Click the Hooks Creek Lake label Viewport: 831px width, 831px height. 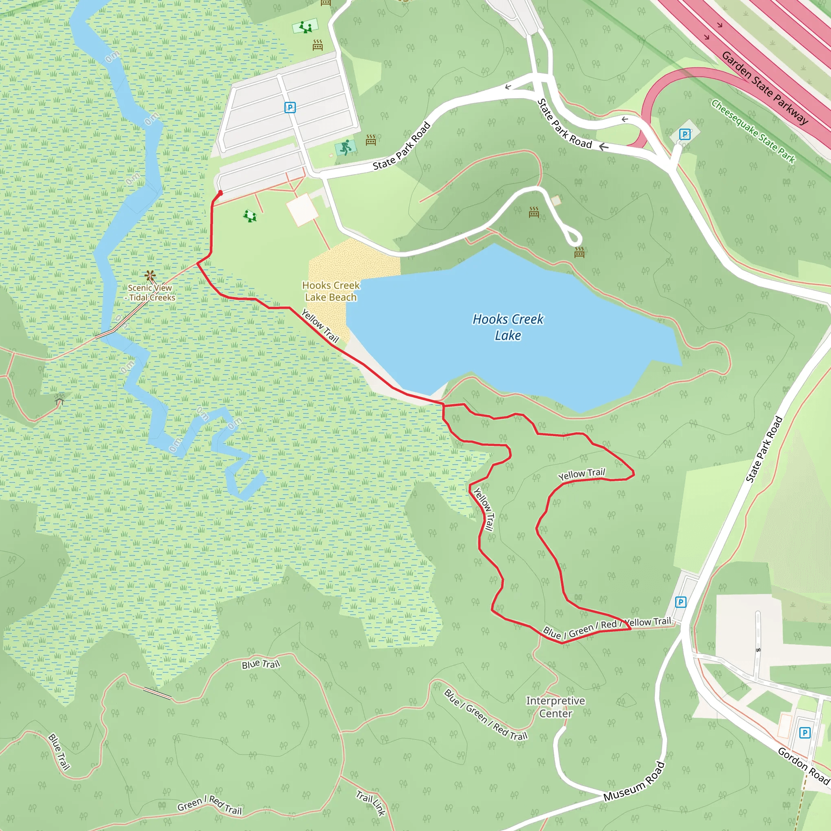(x=508, y=327)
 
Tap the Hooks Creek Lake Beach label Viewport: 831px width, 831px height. (x=331, y=291)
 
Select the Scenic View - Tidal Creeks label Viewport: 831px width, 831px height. (x=151, y=293)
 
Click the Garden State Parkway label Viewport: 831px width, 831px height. (x=765, y=88)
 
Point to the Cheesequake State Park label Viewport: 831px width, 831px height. (x=753, y=131)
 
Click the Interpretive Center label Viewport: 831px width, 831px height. (x=555, y=707)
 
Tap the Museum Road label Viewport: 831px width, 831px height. (x=634, y=781)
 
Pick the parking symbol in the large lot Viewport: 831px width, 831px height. (x=290, y=108)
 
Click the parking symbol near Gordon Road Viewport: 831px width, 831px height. (x=805, y=732)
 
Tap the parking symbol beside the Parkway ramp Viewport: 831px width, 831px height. (x=685, y=135)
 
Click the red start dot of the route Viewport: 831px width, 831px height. (x=220, y=193)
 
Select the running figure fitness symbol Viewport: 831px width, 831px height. (x=345, y=148)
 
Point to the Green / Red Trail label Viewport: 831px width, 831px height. (x=209, y=805)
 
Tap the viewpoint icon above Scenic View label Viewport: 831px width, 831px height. (x=150, y=275)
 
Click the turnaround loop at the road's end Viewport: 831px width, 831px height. (x=574, y=238)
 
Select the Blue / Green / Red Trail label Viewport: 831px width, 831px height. (x=486, y=715)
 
